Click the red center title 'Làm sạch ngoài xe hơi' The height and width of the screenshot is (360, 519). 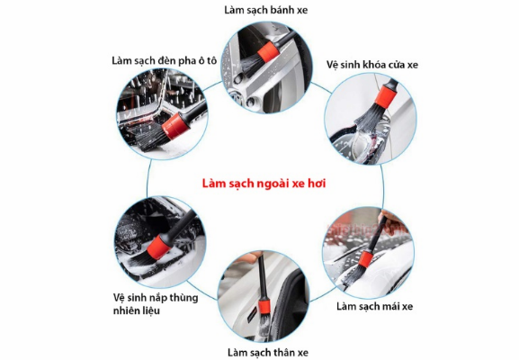[262, 183]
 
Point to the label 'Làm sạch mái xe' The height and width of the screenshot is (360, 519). [374, 306]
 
